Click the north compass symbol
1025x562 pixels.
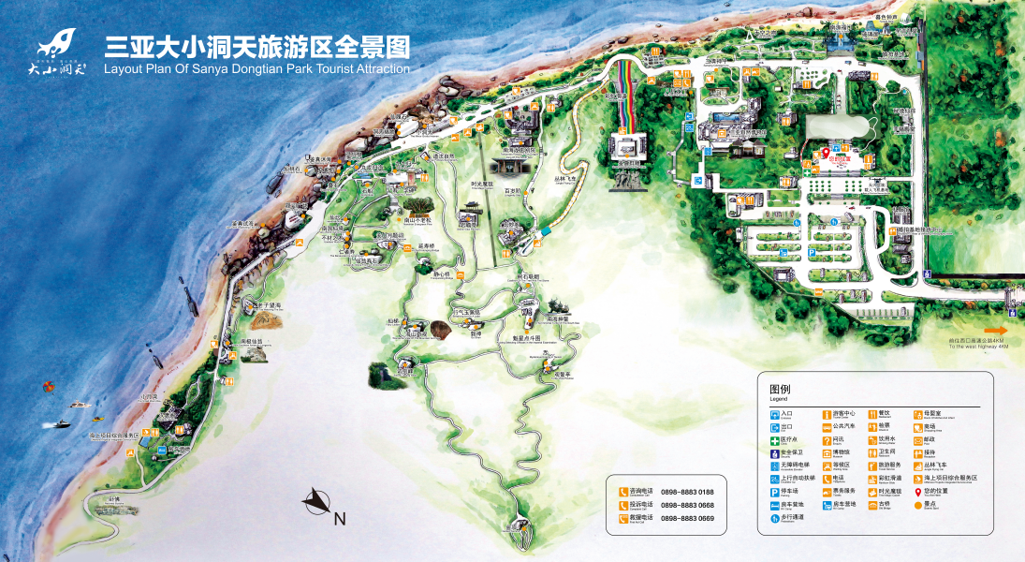tap(316, 503)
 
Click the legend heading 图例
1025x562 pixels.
tap(780, 389)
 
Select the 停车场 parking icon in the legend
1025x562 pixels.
tap(774, 492)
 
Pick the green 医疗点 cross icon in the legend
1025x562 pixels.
tap(774, 439)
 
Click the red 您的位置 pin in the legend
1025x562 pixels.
tap(917, 492)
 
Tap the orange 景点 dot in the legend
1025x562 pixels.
tap(917, 505)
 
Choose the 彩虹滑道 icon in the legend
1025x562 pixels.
tap(871, 479)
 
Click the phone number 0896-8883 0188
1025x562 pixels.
tap(687, 492)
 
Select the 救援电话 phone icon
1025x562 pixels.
tap(622, 518)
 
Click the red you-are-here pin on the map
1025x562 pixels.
tap(825, 153)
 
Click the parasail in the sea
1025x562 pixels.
tap(48, 385)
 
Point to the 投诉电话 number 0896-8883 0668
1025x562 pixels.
tap(687, 505)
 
